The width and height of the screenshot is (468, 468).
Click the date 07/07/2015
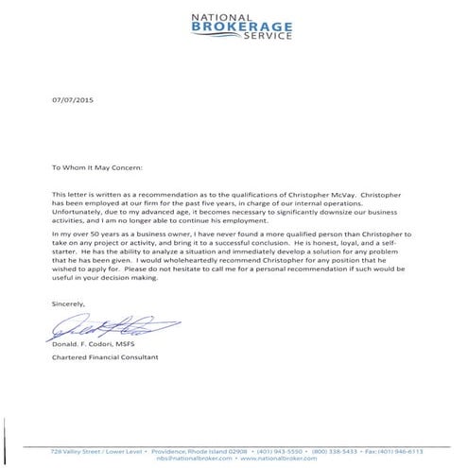(x=73, y=98)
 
